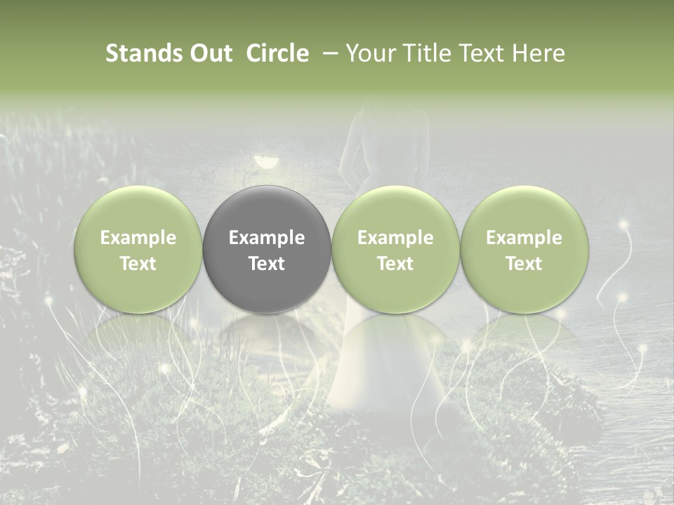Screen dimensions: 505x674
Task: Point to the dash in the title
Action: [331, 53]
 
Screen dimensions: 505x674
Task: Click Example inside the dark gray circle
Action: [267, 238]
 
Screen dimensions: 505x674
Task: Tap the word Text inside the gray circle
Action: [267, 264]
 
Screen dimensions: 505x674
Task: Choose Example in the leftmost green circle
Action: [138, 238]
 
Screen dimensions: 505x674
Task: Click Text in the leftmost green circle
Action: [138, 264]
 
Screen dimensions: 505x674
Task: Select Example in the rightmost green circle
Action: [524, 238]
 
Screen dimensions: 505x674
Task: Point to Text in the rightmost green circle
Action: [524, 264]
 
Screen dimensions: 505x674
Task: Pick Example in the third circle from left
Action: [395, 238]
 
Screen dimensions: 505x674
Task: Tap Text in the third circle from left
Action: [395, 264]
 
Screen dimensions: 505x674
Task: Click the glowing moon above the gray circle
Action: [265, 161]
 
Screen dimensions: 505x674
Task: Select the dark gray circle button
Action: [267, 210]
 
